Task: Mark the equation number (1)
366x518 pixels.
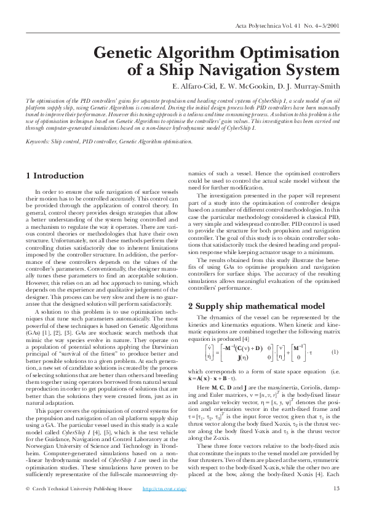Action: click(x=335, y=352)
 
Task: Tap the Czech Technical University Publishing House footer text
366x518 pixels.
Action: click(x=83, y=506)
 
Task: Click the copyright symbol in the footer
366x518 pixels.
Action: click(x=28, y=506)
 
